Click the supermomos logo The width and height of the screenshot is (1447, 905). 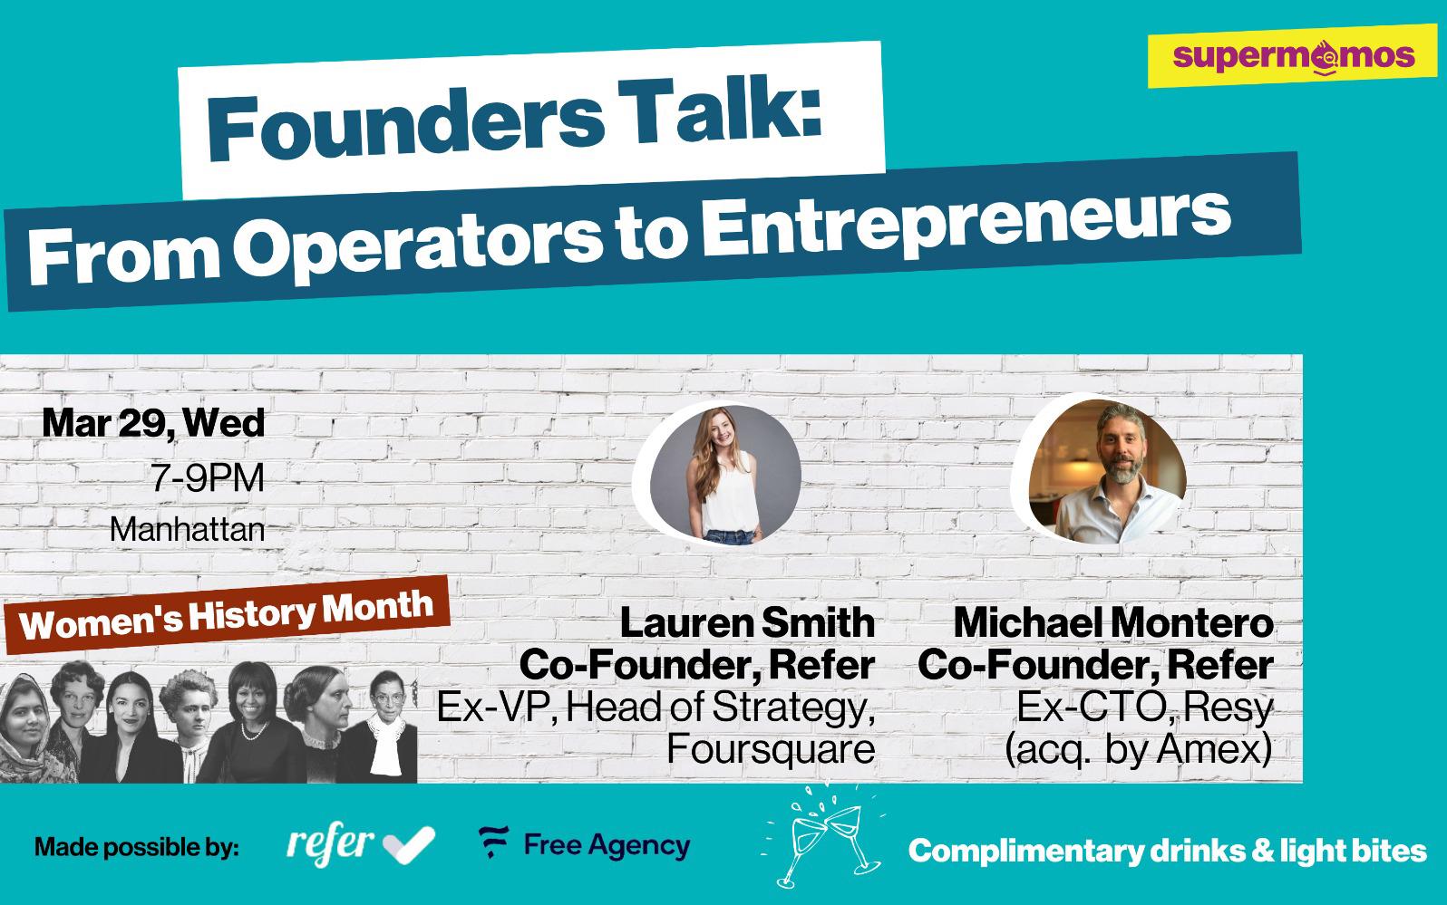(1293, 55)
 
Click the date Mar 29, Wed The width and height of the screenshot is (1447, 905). (154, 423)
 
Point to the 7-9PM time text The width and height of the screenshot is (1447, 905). (208, 478)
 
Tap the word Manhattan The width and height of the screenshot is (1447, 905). (188, 529)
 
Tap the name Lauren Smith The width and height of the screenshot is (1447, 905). (747, 623)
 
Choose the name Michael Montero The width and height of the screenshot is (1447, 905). (1113, 623)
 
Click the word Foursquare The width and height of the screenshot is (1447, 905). (771, 749)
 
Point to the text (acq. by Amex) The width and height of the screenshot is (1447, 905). (1139, 750)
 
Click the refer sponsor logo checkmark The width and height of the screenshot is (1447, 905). (409, 844)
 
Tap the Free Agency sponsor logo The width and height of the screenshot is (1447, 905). (585, 843)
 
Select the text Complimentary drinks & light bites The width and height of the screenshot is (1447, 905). (1167, 851)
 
